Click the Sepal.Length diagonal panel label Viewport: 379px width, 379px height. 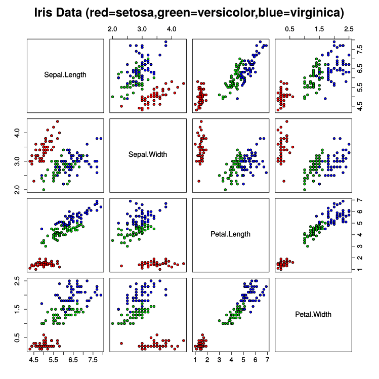coord(66,75)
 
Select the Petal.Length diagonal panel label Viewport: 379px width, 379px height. coord(230,234)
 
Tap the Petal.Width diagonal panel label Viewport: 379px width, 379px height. coord(313,314)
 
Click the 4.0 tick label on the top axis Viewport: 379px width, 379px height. coord(172,29)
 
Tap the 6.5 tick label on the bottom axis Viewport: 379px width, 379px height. coord(74,360)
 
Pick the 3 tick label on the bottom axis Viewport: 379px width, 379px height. coord(219,360)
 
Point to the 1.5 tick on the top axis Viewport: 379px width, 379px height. coord(319,29)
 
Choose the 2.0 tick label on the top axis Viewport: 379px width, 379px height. coord(112,29)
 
